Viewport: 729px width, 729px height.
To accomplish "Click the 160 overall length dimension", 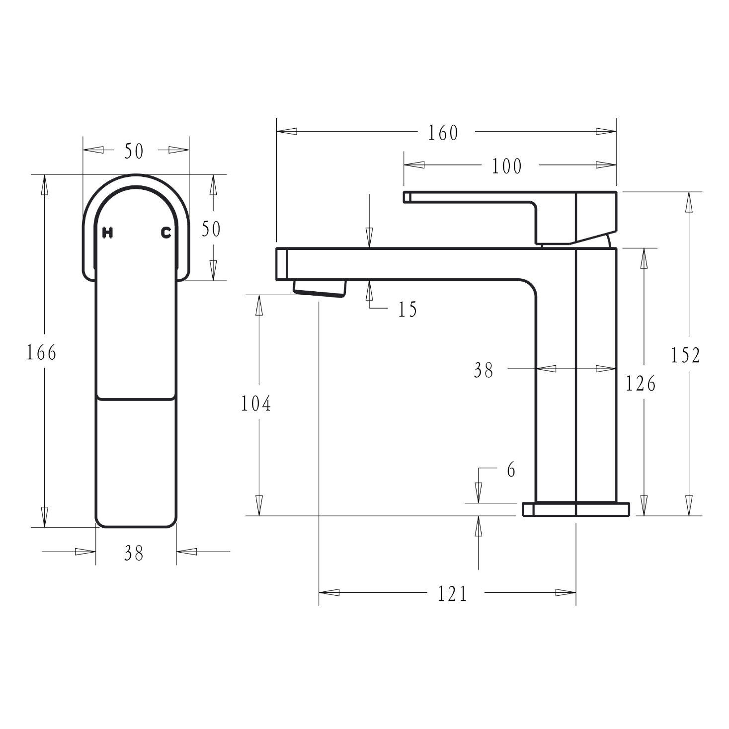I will pos(443,133).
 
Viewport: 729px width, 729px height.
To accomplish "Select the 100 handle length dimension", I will pos(506,166).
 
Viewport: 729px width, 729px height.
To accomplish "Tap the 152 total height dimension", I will pos(685,355).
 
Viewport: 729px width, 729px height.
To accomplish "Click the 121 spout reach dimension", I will pos(452,594).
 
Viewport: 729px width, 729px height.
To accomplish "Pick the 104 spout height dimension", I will pos(256,404).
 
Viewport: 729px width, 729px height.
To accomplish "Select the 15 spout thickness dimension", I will pos(407,310).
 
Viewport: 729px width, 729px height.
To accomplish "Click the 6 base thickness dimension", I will pos(511,470).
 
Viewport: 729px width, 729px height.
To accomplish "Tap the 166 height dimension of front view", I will pos(41,353).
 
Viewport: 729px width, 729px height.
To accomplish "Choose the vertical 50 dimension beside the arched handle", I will pos(211,229).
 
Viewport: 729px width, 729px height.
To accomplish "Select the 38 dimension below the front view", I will pos(134,553).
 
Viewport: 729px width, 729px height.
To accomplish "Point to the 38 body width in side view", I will pos(483,370).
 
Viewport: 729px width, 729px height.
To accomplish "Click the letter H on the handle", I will pos(107,233).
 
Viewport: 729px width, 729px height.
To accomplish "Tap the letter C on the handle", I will pos(166,233).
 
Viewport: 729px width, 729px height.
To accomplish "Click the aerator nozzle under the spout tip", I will pos(320,288).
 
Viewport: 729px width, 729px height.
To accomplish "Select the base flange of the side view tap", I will pos(575,509).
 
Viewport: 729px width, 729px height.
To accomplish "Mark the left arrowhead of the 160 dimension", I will pos(286,132).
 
